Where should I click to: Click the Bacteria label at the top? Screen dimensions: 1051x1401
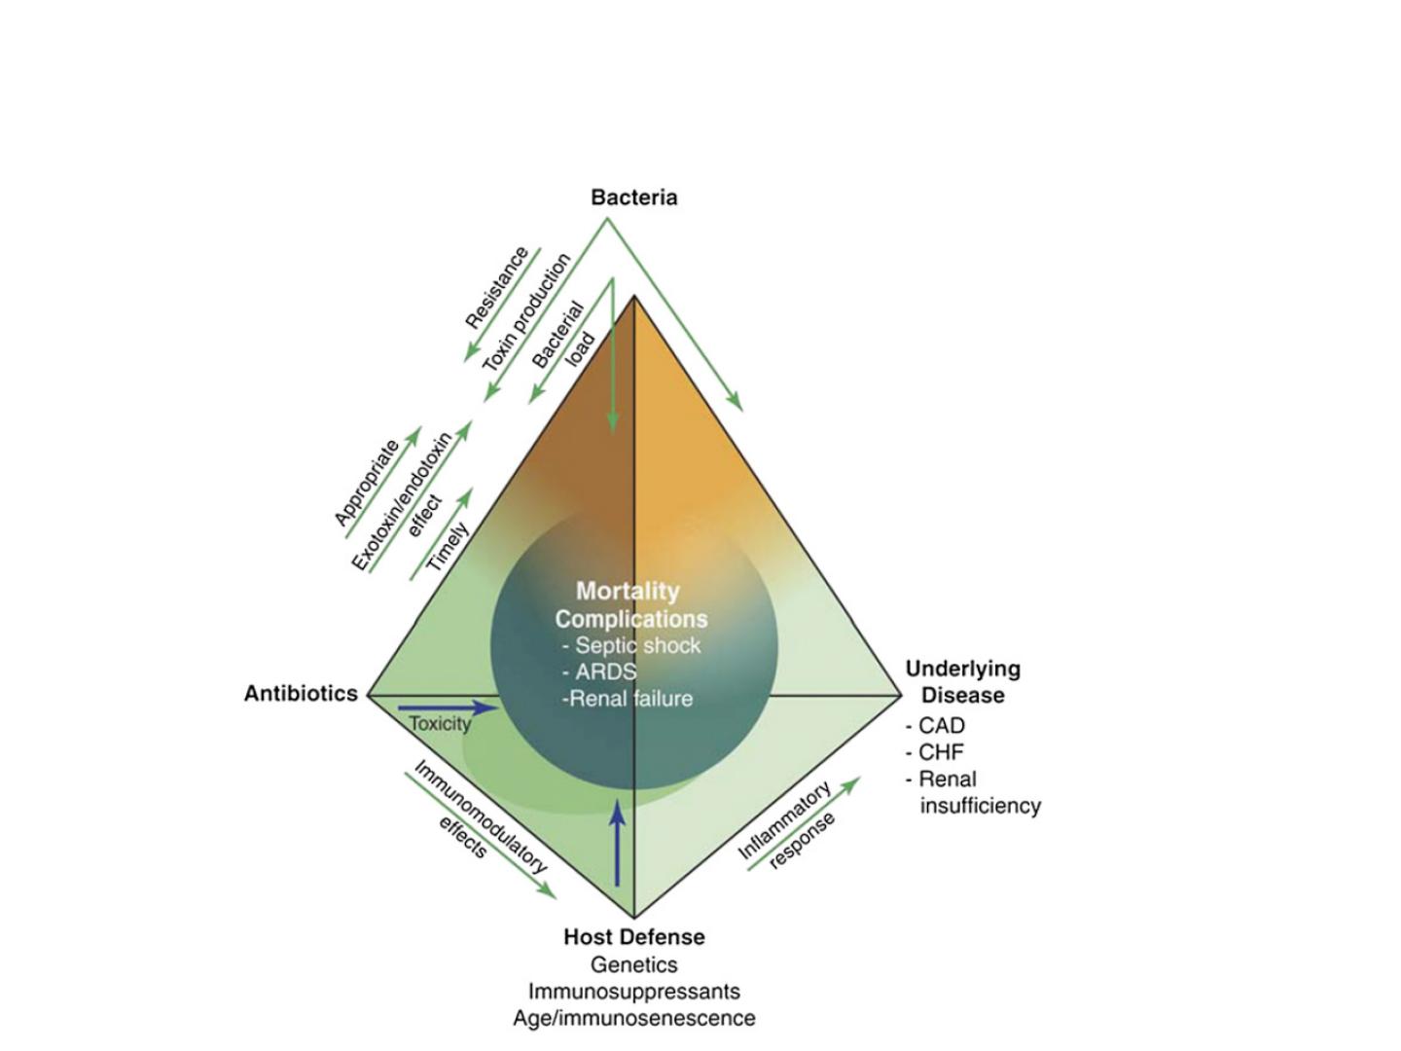pos(633,198)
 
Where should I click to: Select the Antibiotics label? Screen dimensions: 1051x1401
pos(301,694)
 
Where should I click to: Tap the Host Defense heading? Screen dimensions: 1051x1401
pos(633,937)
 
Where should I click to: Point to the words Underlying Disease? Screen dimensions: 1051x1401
pos(962,682)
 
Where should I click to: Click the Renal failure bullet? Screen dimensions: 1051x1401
pos(629,699)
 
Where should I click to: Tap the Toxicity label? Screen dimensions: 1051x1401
pos(440,724)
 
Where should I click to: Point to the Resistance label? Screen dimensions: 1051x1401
pos(496,288)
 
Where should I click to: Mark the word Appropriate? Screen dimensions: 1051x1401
pos(367,483)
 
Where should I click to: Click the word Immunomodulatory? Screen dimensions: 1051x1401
pos(481,817)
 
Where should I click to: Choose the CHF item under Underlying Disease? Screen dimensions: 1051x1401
pos(940,752)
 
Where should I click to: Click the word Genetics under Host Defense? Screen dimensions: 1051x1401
pos(633,964)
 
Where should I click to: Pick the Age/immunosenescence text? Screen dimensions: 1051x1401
pos(633,1018)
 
